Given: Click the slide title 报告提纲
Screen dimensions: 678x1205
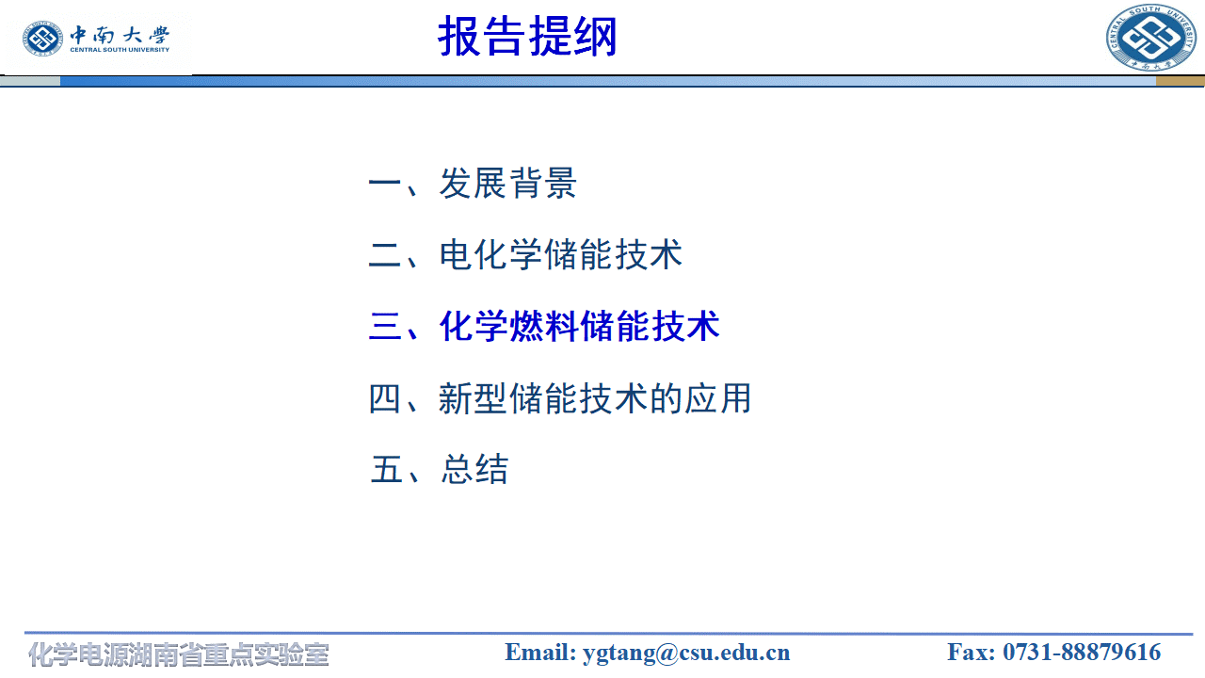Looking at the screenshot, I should coord(527,38).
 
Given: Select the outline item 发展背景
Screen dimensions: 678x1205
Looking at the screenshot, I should coord(507,184).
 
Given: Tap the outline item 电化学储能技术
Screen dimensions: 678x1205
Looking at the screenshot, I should coord(560,255).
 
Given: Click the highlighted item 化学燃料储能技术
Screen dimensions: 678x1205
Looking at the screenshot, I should coord(579,327).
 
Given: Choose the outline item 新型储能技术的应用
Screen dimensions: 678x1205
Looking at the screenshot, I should coord(595,398).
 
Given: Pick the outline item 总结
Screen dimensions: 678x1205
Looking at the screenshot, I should coord(474,469).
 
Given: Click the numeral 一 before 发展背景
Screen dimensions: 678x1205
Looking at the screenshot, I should coord(386,184).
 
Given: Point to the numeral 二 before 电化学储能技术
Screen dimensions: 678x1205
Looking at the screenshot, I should coord(386,255).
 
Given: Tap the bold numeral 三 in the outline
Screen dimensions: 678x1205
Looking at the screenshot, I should coord(386,327).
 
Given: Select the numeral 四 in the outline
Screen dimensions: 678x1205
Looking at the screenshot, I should coord(386,398).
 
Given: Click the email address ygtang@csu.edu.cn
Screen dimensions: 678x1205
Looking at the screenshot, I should coord(686,653).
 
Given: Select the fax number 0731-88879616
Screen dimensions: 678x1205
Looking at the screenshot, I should coord(1082,653).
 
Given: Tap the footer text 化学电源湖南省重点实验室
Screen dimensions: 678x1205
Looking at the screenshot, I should coord(179,654).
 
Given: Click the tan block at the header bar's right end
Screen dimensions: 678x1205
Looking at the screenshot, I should coord(1180,81).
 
